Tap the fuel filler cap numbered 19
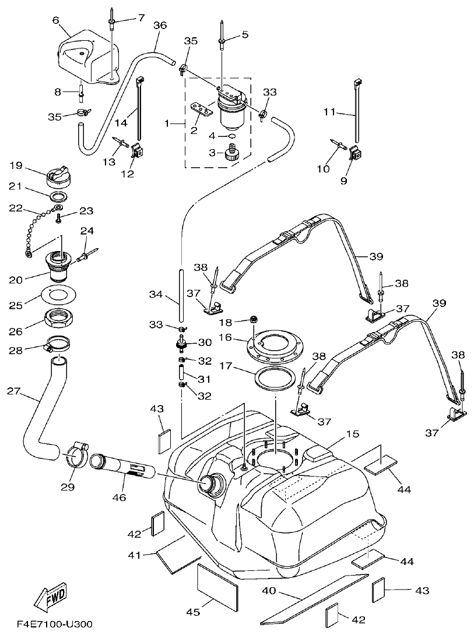pyautogui.click(x=58, y=174)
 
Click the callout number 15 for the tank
pyautogui.click(x=352, y=435)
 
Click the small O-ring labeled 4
pyautogui.click(x=232, y=136)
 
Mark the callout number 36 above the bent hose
pyautogui.click(x=160, y=25)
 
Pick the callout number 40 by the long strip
pyautogui.click(x=269, y=591)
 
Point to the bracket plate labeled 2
pyautogui.click(x=208, y=109)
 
